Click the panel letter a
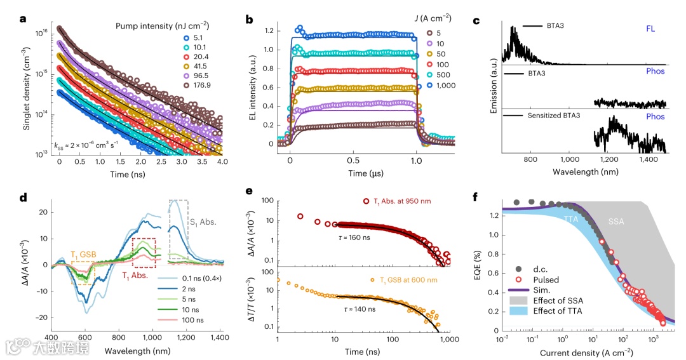click(x=24, y=18)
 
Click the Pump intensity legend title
click(x=163, y=25)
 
